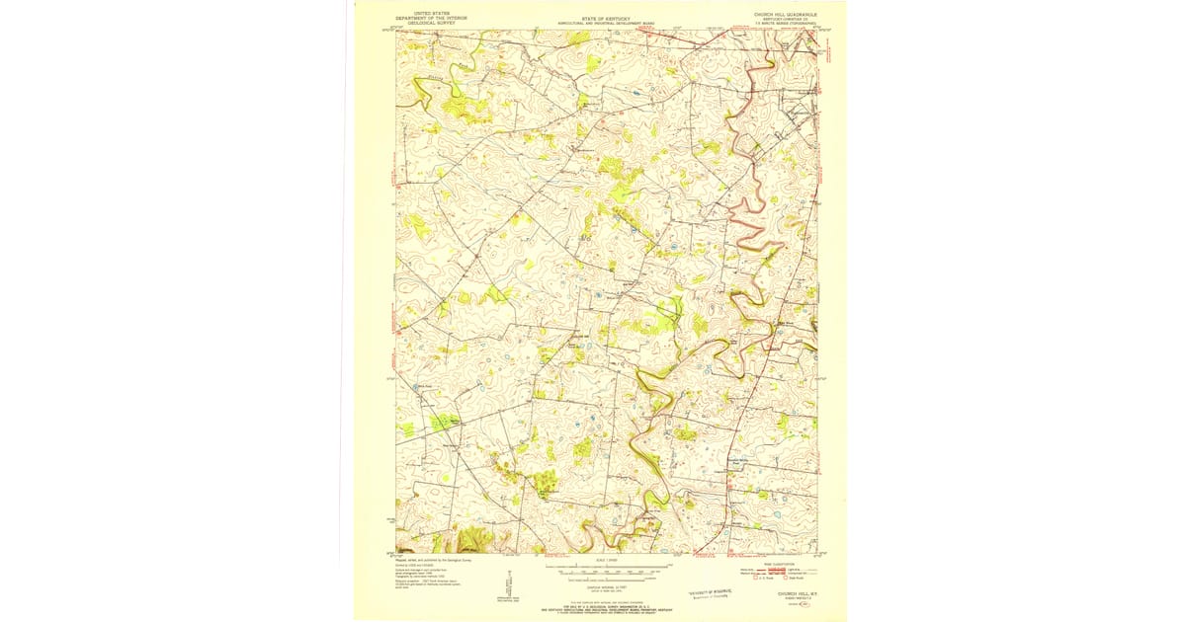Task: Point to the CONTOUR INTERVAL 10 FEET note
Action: tap(607, 588)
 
